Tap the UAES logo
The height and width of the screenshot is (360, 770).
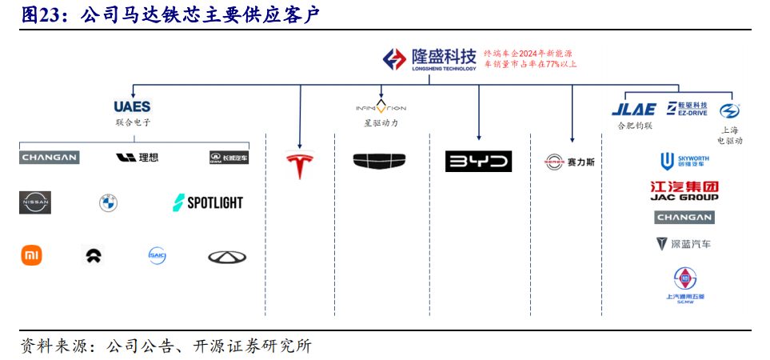click(x=132, y=106)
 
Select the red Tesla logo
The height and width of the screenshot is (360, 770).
click(x=300, y=165)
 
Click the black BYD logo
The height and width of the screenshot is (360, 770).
click(x=478, y=162)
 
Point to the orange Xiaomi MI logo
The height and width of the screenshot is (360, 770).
click(x=31, y=256)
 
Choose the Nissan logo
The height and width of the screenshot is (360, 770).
click(x=35, y=203)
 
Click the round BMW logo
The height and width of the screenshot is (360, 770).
click(x=108, y=203)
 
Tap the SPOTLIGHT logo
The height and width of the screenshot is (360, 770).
click(x=207, y=202)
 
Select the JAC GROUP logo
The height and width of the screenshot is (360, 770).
click(x=684, y=191)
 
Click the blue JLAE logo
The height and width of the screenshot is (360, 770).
click(x=633, y=110)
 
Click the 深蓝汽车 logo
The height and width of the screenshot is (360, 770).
click(x=684, y=244)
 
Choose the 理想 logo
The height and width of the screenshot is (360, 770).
click(x=138, y=158)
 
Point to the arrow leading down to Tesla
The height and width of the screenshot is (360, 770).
click(x=300, y=120)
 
